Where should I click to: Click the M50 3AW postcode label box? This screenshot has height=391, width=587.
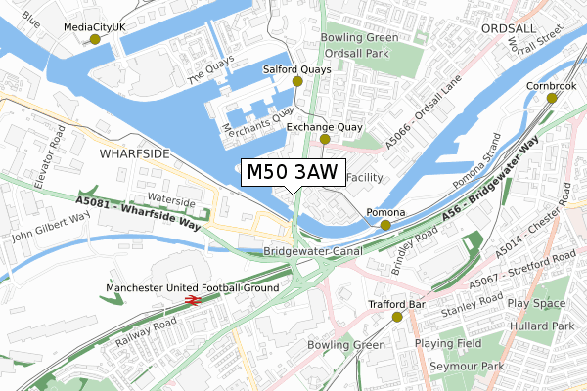(x=292, y=172)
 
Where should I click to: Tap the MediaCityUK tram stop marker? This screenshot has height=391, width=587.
(x=95, y=39)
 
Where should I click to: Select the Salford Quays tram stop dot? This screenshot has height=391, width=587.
(x=297, y=82)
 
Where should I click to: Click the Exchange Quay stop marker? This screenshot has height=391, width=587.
(x=325, y=140)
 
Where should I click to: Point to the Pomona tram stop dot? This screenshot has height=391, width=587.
(x=385, y=225)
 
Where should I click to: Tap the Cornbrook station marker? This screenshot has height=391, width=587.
(x=552, y=98)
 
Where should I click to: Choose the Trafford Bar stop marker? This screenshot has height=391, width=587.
(x=398, y=317)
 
